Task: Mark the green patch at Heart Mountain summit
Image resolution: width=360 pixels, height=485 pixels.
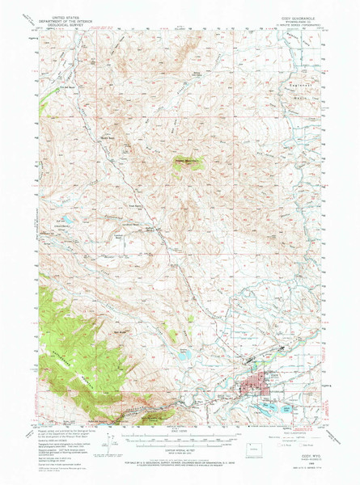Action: [188, 167]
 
